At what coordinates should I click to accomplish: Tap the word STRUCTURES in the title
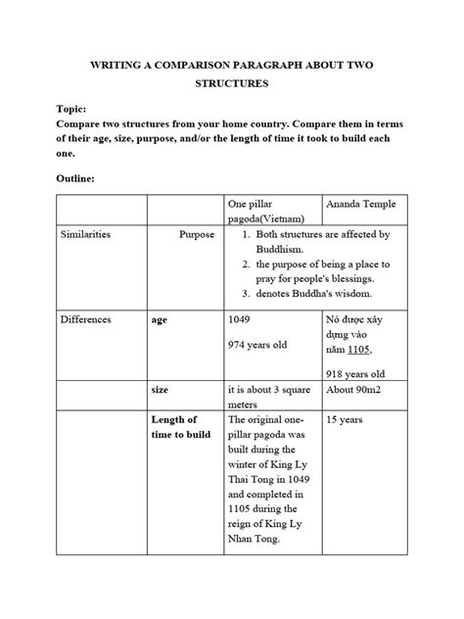(x=231, y=84)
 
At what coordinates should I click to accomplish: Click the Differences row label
(x=85, y=319)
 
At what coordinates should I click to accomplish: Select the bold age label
(x=161, y=319)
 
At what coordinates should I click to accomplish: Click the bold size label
(x=161, y=389)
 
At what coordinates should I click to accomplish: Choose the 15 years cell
(x=346, y=419)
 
